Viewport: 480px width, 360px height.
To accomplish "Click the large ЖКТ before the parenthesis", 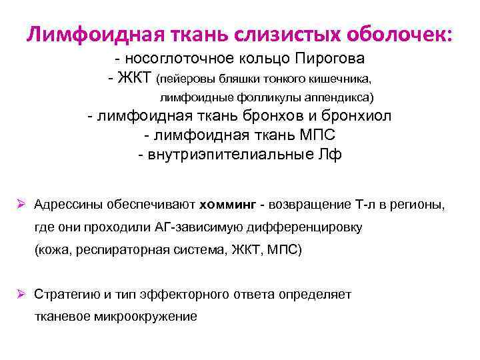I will click(x=135, y=79).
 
